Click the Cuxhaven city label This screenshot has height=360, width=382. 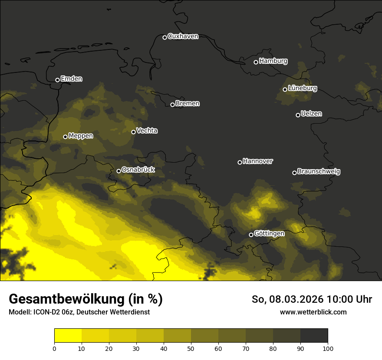(183, 36)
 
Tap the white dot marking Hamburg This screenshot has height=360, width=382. (256, 62)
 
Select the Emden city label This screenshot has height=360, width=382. (71, 79)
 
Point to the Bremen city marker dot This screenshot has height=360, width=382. (172, 105)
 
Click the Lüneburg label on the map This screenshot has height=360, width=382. (302, 88)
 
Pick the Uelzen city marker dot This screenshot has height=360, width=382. (298, 115)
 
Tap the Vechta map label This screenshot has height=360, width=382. (147, 131)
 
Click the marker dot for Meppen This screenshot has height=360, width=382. (65, 137)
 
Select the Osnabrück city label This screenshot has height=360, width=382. (138, 170)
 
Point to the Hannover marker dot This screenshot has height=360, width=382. (240, 162)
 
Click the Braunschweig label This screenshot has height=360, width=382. (319, 172)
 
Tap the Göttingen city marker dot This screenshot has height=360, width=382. (251, 235)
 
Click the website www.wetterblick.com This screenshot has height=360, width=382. (313, 312)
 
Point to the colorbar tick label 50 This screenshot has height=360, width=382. (191, 348)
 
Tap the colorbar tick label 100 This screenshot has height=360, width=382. (328, 348)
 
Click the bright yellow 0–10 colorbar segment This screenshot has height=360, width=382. (68, 336)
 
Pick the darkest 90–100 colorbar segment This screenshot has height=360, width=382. (314, 336)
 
